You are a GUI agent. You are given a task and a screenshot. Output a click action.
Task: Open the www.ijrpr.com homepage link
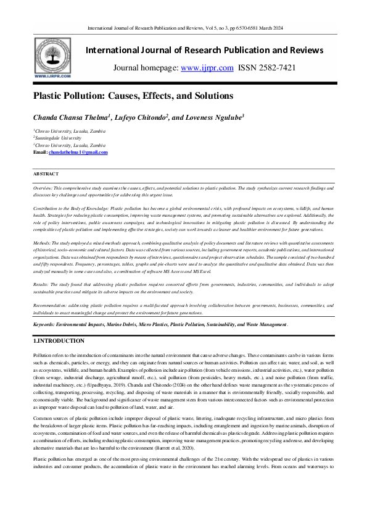tap(207, 68)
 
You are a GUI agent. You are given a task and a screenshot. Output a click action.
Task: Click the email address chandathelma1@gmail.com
tap(78, 152)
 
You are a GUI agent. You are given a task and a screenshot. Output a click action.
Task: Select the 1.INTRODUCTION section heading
tap(59, 341)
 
